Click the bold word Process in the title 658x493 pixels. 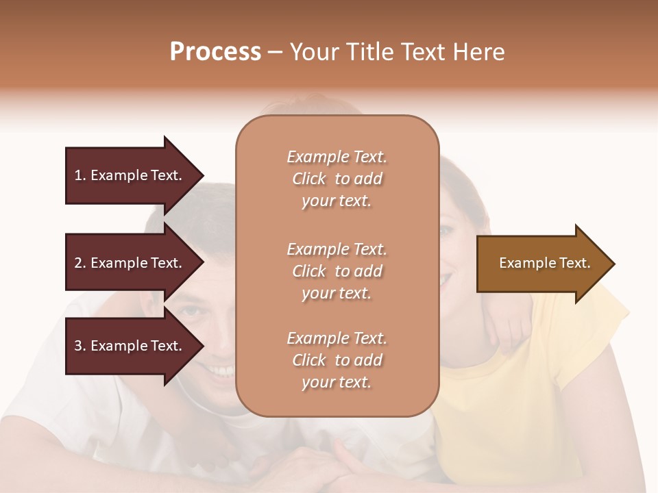point(215,52)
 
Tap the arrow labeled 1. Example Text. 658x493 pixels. point(130,175)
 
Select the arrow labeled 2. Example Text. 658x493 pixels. point(130,263)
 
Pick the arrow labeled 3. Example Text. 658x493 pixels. point(130,346)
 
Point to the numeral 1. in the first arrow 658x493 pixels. point(80,175)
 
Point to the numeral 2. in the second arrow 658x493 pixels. point(80,263)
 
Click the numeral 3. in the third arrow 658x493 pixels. point(80,346)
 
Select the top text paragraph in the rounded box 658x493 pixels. point(337,179)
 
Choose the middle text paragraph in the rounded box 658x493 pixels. point(337,271)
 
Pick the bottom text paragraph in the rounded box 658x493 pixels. point(337,360)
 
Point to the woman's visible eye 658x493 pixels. point(446,231)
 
